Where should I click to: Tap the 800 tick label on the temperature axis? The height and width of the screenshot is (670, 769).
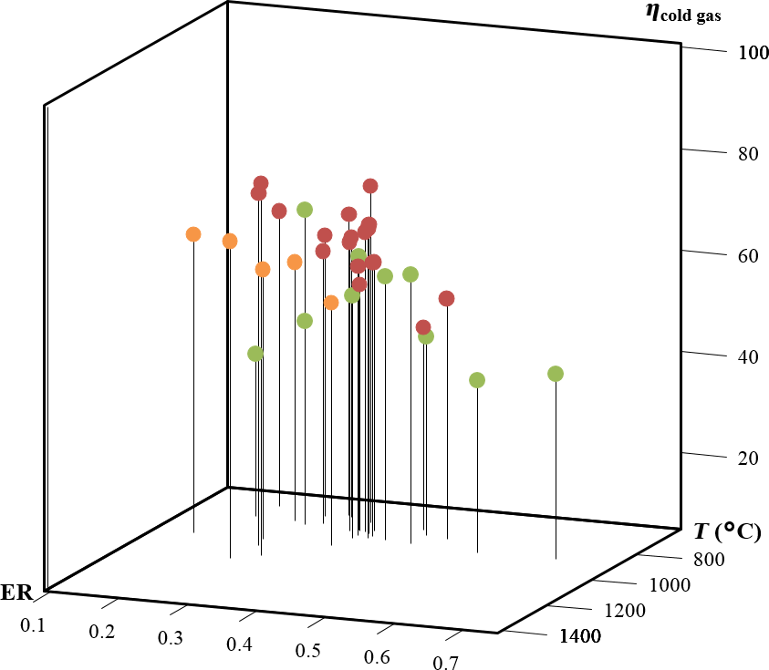point(708,560)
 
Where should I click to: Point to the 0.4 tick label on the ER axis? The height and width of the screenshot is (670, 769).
point(238,644)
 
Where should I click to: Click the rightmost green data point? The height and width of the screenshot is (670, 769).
point(555,374)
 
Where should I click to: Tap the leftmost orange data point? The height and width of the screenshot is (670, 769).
point(193,234)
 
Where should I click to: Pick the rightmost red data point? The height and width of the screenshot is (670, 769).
point(446,298)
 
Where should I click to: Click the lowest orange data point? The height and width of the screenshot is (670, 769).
point(331,303)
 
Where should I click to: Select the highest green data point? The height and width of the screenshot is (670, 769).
point(305,210)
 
